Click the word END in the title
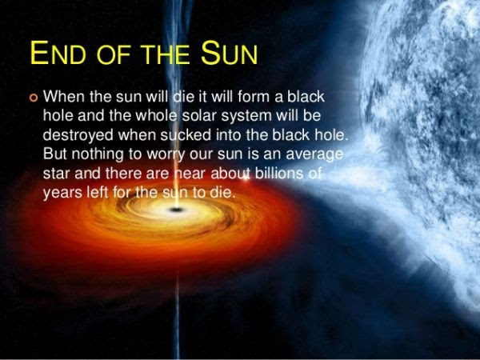(58, 53)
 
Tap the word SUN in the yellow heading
(229, 53)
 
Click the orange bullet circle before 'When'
(34, 98)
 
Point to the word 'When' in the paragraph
(64, 97)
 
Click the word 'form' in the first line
(254, 97)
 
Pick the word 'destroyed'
(78, 135)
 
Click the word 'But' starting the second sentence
(54, 154)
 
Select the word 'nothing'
(98, 154)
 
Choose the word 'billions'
(279, 174)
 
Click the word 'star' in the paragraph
(57, 174)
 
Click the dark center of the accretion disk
(176, 210)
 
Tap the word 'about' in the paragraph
(230, 174)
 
